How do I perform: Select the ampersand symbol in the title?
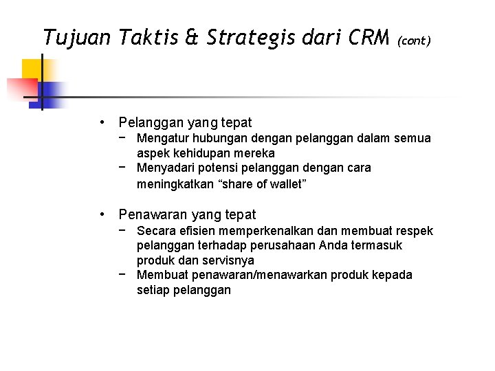192,38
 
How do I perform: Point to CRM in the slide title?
368,38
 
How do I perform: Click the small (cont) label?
414,41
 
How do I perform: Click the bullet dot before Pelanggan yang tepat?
101,123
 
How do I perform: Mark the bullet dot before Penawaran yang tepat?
101,214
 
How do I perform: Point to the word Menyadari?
164,168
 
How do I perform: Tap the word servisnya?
228,260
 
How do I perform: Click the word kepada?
393,275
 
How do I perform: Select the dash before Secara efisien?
121,230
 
